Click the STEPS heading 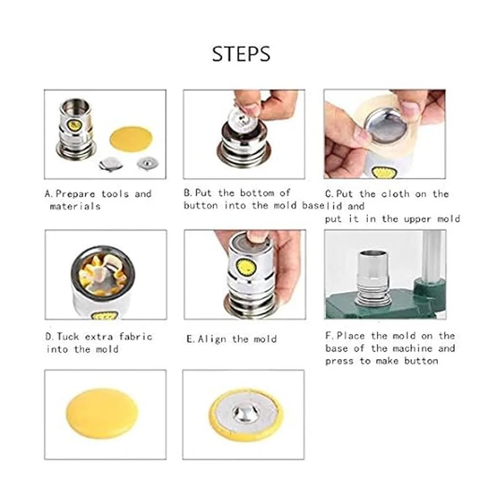pyautogui.click(x=241, y=54)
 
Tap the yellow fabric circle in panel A pyautogui.click(x=131, y=140)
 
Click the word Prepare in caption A pyautogui.click(x=75, y=194)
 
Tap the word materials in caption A pyautogui.click(x=75, y=207)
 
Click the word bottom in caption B pyautogui.click(x=257, y=193)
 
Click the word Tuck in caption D pyautogui.click(x=68, y=336)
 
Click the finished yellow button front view pyautogui.click(x=102, y=411)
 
